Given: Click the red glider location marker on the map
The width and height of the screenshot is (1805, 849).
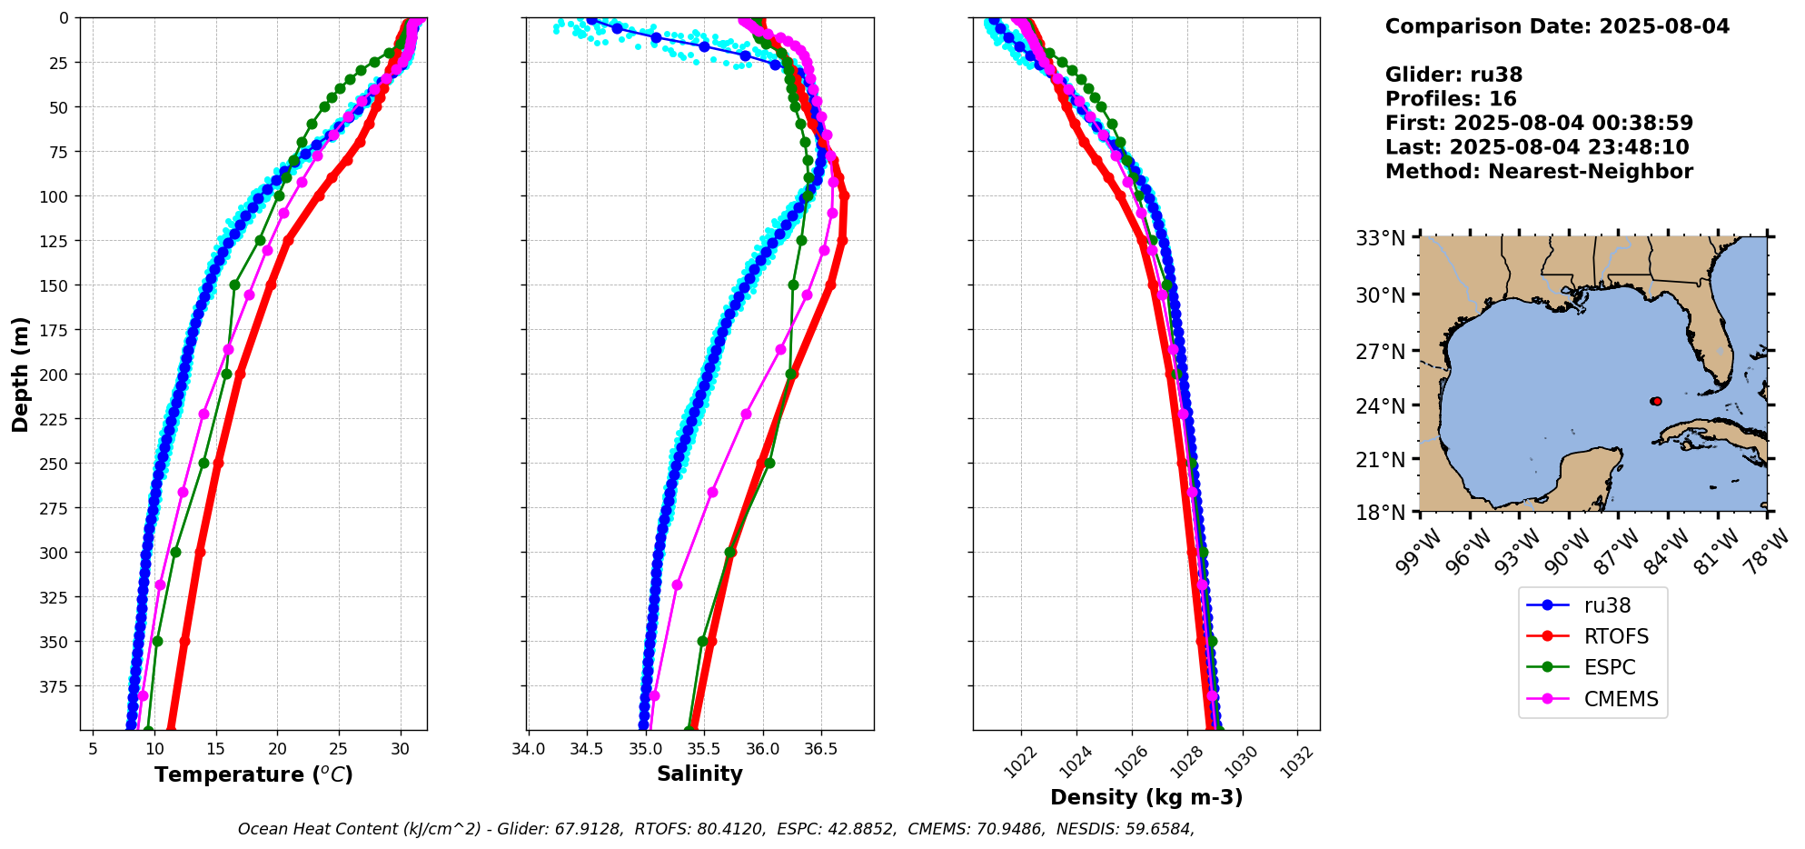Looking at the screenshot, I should click(1656, 401).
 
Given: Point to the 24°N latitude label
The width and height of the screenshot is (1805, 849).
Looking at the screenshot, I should click(1380, 405).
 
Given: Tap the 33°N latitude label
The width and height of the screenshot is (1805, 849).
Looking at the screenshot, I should click(1380, 239).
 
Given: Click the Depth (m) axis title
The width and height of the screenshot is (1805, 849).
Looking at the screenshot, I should click(20, 374).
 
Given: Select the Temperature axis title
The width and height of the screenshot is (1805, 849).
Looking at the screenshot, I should click(253, 774).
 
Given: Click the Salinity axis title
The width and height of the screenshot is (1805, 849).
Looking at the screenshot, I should click(699, 774).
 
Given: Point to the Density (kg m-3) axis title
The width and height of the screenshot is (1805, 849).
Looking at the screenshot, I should click(1146, 797).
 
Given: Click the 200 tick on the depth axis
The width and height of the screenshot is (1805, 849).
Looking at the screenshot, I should click(55, 375).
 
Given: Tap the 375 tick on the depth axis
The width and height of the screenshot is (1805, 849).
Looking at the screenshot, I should click(55, 686).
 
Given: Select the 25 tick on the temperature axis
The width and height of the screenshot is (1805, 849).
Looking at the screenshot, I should click(338, 749).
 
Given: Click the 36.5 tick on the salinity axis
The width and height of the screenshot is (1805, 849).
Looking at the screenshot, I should click(820, 749).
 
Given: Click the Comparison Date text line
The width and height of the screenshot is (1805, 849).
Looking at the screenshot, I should click(1557, 26).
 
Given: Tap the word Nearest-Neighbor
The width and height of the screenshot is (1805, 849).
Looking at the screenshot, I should click(1590, 172).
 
